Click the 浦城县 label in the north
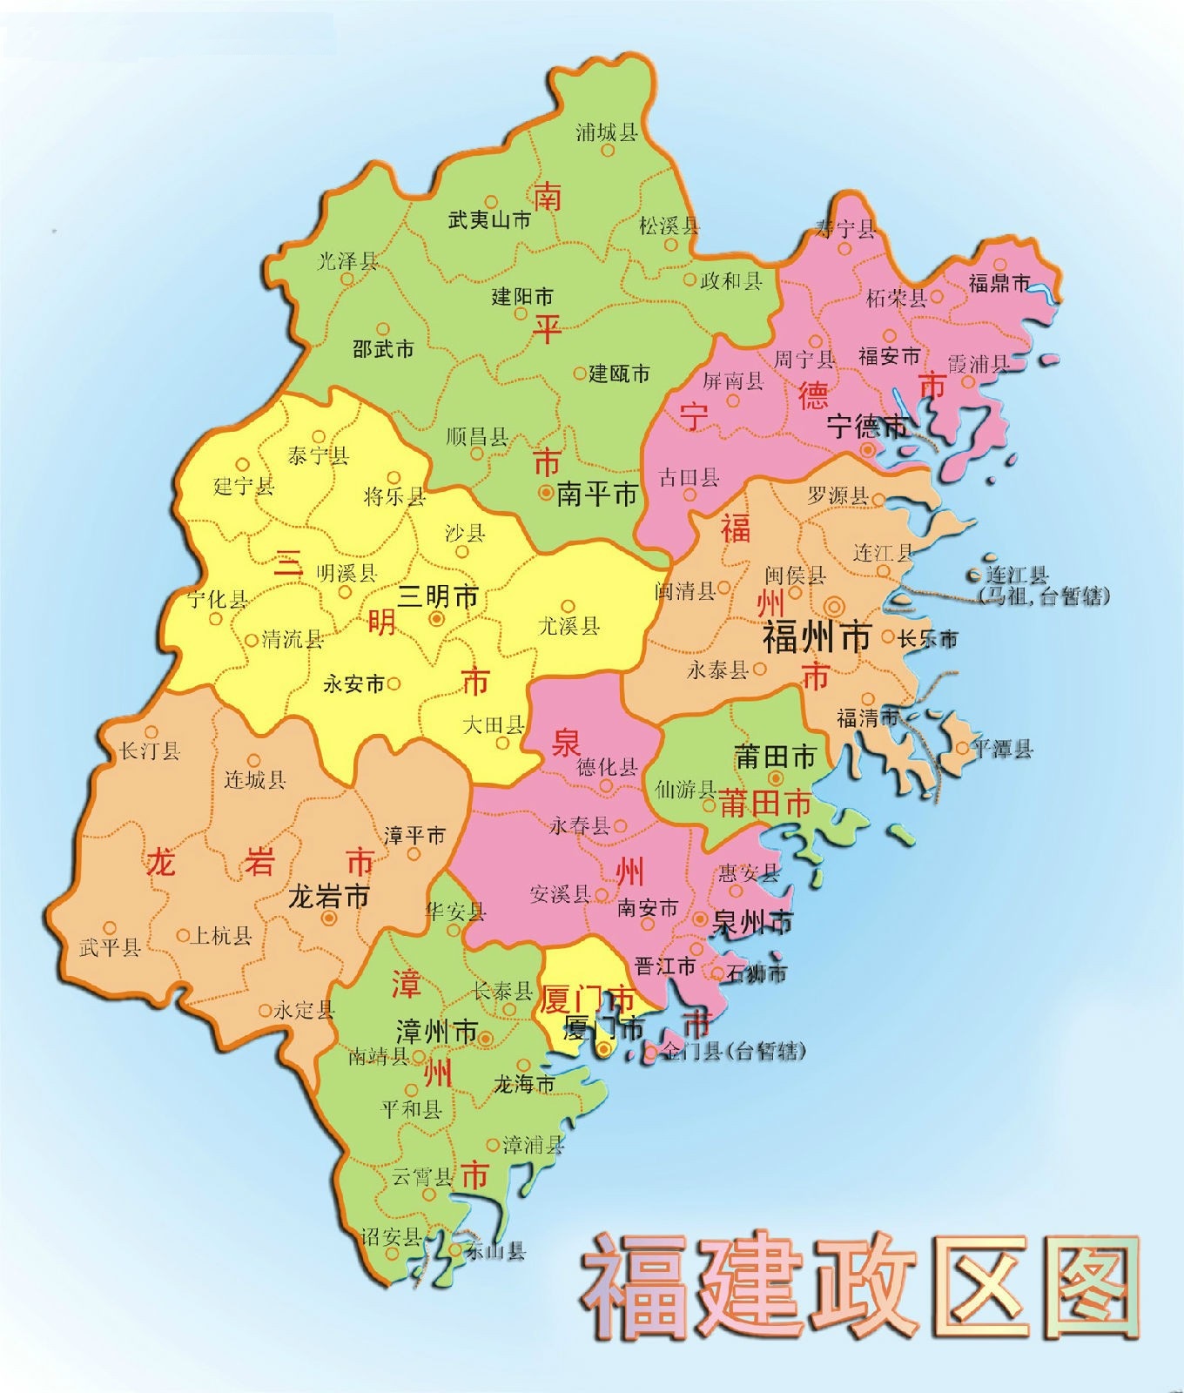tap(607, 131)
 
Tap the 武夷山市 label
tap(489, 219)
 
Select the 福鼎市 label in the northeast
tap(999, 283)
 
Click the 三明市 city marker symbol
tap(437, 618)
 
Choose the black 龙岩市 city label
tap(328, 896)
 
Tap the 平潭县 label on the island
tap(1003, 749)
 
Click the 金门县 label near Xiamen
tap(732, 1052)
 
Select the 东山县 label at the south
tap(494, 1252)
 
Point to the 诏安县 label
tap(392, 1236)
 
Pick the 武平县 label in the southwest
tap(110, 947)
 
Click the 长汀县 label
tap(149, 750)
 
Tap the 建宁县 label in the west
tap(244, 486)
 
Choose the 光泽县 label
tap(347, 259)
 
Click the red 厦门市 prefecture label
tap(586, 999)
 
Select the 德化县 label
tap(608, 767)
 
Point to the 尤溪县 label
tap(568, 625)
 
